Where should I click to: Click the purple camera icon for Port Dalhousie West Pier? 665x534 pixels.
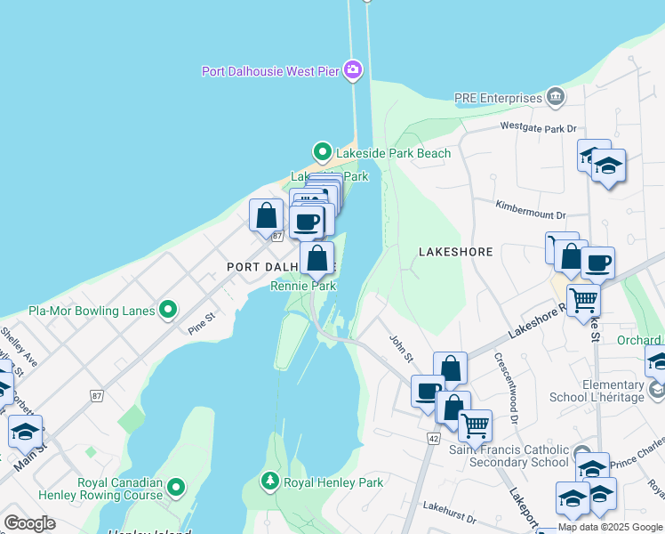354,69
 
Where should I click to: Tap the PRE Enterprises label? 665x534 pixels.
497,98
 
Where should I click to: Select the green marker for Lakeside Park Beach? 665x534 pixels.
323,153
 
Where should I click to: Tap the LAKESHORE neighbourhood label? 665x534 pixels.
455,252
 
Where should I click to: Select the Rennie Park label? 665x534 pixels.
303,286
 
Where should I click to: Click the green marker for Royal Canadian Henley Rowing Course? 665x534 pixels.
176,487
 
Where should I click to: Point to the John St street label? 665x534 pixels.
402,347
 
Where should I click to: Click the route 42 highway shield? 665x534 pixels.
433,438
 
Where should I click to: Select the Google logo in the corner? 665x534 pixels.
29,523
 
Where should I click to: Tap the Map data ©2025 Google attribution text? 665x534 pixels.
609,527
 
